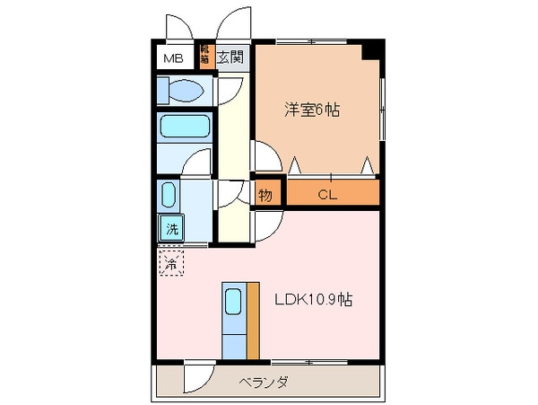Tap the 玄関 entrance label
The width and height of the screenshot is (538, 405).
click(x=230, y=58)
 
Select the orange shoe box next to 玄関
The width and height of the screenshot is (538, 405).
click(x=206, y=57)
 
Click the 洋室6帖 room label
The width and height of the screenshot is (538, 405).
click(x=313, y=110)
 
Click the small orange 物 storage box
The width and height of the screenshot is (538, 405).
click(x=265, y=193)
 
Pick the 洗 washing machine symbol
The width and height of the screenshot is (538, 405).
click(x=170, y=228)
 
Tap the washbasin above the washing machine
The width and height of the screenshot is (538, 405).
click(x=169, y=196)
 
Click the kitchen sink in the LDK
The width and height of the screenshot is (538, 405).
click(x=233, y=302)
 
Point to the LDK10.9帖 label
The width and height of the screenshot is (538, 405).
click(x=313, y=300)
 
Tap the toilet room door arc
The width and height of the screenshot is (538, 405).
click(x=230, y=90)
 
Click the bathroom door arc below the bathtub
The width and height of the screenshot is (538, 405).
click(x=198, y=163)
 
